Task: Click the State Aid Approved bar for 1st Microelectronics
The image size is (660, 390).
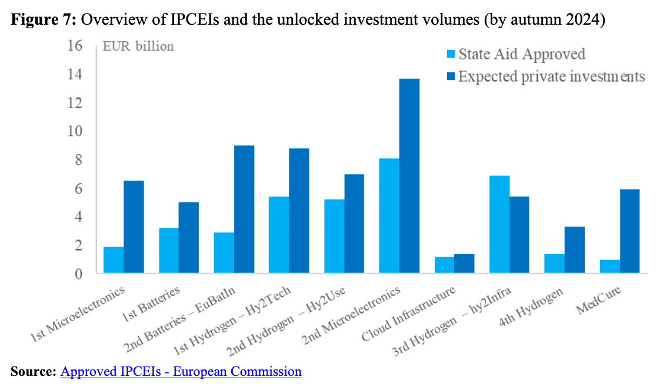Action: pyautogui.click(x=114, y=260)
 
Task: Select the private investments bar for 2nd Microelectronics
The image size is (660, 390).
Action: pyautogui.click(x=409, y=176)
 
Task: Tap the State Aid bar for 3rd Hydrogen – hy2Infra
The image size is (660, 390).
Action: pyautogui.click(x=499, y=225)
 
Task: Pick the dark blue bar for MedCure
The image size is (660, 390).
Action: pyautogui.click(x=629, y=231)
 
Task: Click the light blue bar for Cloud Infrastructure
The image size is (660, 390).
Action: pyautogui.click(x=444, y=265)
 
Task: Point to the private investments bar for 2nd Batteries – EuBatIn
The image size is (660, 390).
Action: pyautogui.click(x=244, y=209)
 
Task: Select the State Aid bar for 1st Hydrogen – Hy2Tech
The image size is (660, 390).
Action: pyautogui.click(x=279, y=235)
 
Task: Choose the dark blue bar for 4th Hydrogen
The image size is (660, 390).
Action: pyautogui.click(x=574, y=250)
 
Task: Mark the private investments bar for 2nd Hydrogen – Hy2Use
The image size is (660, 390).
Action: pyautogui.click(x=354, y=224)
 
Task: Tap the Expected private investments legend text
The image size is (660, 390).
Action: pyautogui.click(x=552, y=76)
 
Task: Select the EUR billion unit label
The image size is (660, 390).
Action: pyautogui.click(x=138, y=46)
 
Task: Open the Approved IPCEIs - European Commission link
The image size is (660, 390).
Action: pyautogui.click(x=181, y=372)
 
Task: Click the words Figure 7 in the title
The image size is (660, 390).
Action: pyautogui.click(x=41, y=19)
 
